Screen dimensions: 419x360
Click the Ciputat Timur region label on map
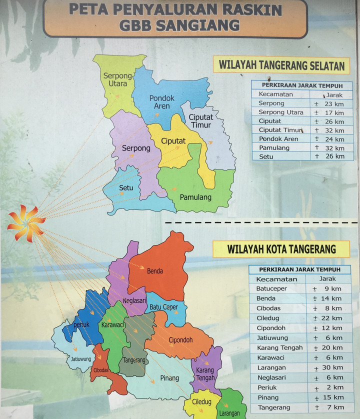[x=200, y=121]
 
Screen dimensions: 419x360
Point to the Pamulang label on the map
[x=195, y=197]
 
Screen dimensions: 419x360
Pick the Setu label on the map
[x=126, y=188]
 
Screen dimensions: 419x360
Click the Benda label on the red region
[x=154, y=271]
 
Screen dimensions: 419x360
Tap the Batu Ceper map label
[x=164, y=307]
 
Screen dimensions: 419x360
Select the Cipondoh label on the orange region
[x=180, y=340]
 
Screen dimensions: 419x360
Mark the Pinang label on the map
[x=170, y=378]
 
